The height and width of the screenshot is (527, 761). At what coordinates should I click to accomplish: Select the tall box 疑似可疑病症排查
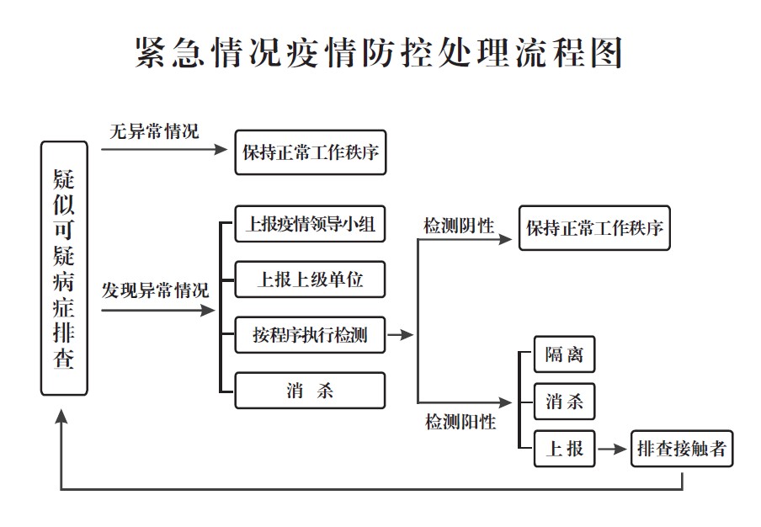[x=64, y=269]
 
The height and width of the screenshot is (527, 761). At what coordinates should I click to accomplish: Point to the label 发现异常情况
[x=156, y=291]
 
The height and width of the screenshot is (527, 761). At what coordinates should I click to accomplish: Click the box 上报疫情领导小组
[x=310, y=225]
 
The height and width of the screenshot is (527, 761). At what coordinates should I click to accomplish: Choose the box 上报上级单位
[x=310, y=279]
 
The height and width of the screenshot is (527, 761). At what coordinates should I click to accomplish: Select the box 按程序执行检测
[x=310, y=335]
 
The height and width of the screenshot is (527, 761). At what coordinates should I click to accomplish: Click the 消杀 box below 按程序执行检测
[x=310, y=391]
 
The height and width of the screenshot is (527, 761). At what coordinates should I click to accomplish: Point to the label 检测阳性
[x=460, y=422]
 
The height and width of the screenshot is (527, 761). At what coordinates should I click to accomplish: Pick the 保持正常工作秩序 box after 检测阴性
[x=594, y=228]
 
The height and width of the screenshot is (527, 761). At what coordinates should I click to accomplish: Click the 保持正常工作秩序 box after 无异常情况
[x=310, y=153]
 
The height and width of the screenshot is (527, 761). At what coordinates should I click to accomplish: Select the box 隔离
[x=564, y=354]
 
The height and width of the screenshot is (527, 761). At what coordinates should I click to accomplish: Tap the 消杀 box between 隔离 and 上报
[x=564, y=401]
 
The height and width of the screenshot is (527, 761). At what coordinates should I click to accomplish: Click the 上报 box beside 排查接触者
[x=564, y=449]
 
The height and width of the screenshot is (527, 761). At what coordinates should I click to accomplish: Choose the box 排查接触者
[x=682, y=449]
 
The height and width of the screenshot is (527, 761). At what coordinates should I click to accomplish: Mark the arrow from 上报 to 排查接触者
[x=612, y=450]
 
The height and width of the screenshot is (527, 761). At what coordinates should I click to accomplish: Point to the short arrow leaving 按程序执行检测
[x=402, y=335]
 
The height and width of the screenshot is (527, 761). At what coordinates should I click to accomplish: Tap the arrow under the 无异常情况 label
[x=165, y=150]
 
